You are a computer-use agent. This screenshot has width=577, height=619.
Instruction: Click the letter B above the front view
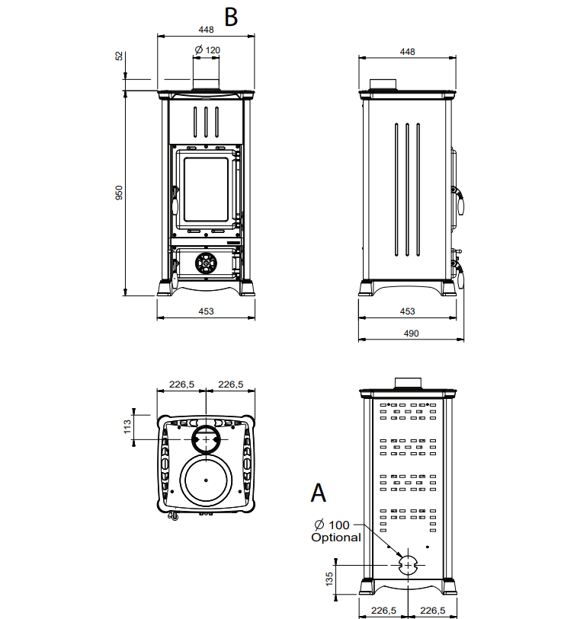click(230, 17)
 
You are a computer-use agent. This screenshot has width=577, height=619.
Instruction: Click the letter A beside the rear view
click(319, 493)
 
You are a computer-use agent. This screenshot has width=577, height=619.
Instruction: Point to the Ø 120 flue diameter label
click(207, 49)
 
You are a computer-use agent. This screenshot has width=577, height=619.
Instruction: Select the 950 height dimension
click(118, 193)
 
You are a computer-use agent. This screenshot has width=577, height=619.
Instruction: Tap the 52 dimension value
click(118, 56)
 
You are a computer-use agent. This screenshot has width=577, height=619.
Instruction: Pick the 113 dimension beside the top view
click(127, 424)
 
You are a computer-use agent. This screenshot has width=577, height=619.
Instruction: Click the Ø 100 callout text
click(333, 525)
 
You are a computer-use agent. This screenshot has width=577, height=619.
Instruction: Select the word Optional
click(335, 538)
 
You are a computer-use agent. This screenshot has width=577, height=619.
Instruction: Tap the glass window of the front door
click(205, 190)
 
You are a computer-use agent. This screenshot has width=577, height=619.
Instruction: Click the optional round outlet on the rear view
click(407, 565)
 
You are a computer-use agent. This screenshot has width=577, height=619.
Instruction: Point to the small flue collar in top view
click(206, 439)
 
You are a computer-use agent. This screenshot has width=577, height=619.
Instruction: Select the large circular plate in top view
click(207, 480)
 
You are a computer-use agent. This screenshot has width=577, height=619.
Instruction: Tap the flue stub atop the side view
click(383, 84)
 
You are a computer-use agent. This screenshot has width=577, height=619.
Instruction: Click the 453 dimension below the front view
click(206, 311)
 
